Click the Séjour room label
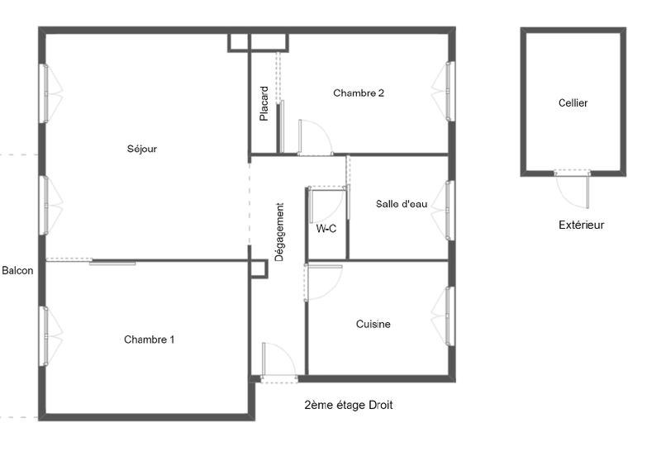[142, 150]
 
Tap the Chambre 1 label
[150, 340]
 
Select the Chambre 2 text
[359, 93]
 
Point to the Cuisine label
[373, 325]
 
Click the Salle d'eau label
[402, 204]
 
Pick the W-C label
[326, 229]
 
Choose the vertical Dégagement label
[279, 232]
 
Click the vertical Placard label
[264, 104]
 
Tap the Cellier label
[573, 103]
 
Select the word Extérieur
[581, 225]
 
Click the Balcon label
[17, 270]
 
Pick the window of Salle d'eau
[445, 209]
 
